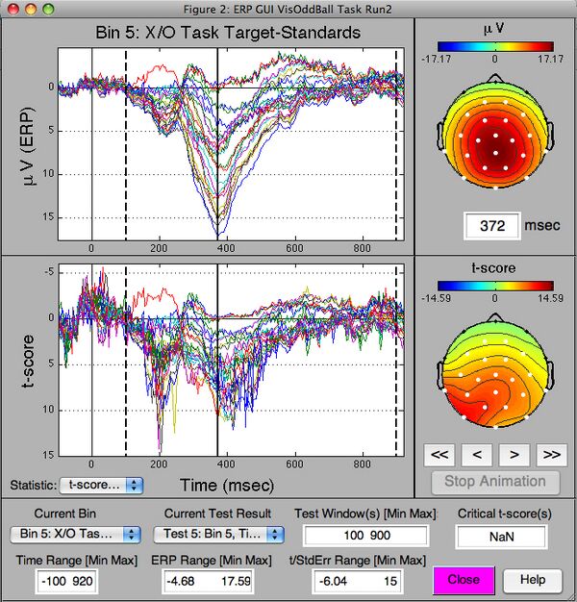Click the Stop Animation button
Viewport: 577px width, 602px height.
tap(495, 482)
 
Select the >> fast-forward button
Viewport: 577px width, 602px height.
tap(549, 452)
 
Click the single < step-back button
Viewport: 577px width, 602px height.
tap(477, 452)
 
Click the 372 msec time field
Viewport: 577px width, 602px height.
tap(492, 226)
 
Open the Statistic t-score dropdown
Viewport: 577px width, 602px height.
tap(100, 486)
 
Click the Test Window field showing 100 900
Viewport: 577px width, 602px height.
tap(365, 535)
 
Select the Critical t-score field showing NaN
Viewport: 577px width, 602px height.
tap(501, 536)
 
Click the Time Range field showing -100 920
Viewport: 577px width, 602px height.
tap(74, 580)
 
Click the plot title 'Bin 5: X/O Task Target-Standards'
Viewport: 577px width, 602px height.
tap(228, 33)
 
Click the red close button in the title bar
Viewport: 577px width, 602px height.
tap(12, 8)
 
